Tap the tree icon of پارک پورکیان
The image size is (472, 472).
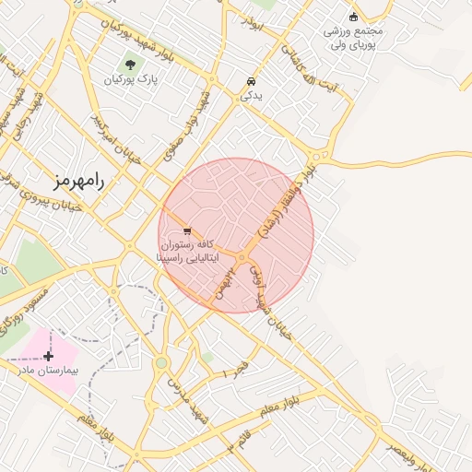point(130,65)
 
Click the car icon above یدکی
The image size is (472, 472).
point(252,80)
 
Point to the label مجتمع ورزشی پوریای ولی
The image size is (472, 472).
point(352,37)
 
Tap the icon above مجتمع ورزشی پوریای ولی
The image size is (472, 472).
point(353,16)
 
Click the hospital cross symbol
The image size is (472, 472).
point(48,355)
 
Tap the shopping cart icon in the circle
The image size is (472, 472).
point(188,230)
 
